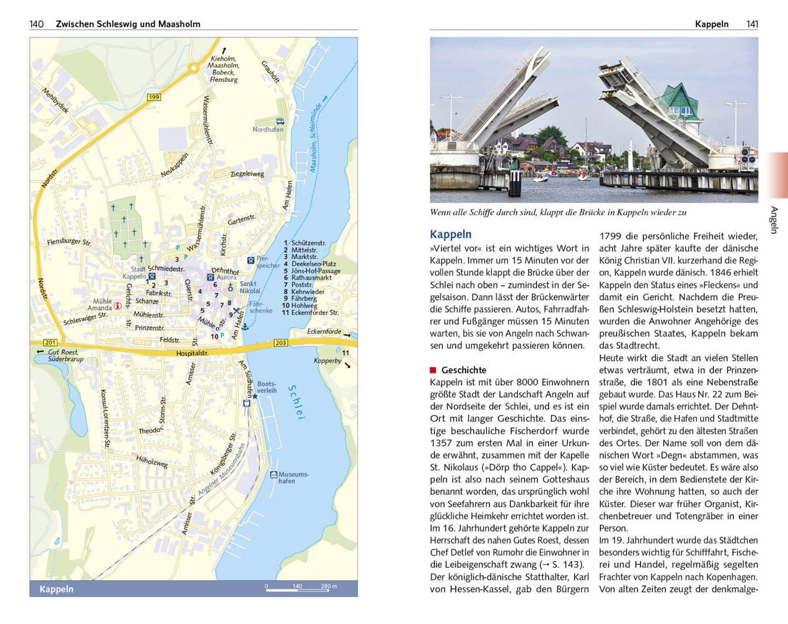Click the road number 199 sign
(x=154, y=97)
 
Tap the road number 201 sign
(x=50, y=343)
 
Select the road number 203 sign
(x=280, y=343)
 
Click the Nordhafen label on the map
(x=268, y=130)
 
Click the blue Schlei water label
(x=296, y=401)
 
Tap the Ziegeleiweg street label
(x=247, y=173)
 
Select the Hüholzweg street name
(x=152, y=461)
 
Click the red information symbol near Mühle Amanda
(x=117, y=306)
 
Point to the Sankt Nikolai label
(x=250, y=287)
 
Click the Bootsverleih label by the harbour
(x=266, y=388)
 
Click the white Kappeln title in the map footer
(x=56, y=589)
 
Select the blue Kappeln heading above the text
(x=450, y=235)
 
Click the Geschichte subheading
(x=464, y=370)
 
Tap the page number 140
(x=36, y=24)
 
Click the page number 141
(x=752, y=24)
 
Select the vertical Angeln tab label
(x=774, y=220)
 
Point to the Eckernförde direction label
(x=324, y=331)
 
